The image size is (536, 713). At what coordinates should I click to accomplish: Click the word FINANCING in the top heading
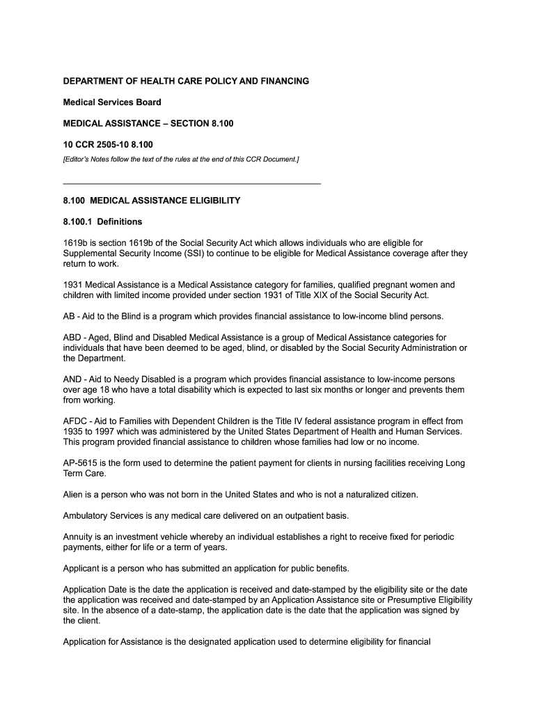pyautogui.click(x=281, y=81)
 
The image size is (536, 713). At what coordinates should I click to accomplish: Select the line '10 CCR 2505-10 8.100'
pyautogui.click(x=107, y=144)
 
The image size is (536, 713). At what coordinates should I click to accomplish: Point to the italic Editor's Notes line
pyautogui.click(x=181, y=159)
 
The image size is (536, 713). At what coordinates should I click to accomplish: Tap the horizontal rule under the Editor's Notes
pyautogui.click(x=191, y=183)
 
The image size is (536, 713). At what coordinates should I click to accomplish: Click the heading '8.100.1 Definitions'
pyautogui.click(x=102, y=221)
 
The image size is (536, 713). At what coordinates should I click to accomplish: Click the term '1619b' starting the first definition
pyautogui.click(x=74, y=243)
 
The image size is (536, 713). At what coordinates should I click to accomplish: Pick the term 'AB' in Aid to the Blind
pyautogui.click(x=69, y=316)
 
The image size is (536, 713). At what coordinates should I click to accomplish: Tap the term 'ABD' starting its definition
pyautogui.click(x=72, y=338)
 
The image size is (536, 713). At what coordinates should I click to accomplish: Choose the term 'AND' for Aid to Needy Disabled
pyautogui.click(x=72, y=379)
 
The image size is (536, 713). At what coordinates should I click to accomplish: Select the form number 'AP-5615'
pyautogui.click(x=81, y=463)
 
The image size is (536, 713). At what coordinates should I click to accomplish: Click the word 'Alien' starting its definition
pyautogui.click(x=73, y=494)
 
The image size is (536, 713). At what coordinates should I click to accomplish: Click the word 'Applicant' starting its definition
pyautogui.click(x=81, y=568)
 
